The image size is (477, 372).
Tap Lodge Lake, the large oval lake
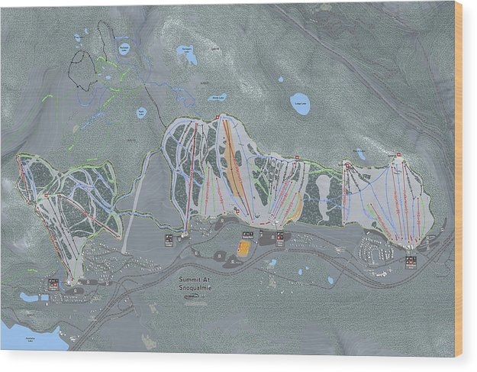301,103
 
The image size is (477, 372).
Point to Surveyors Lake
189,56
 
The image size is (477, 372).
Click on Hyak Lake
142,113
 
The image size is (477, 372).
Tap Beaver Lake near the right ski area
359,154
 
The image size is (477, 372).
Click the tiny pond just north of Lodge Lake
281,79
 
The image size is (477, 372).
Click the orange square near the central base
243,248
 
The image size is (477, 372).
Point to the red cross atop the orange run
218,117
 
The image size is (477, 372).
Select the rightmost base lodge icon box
411,260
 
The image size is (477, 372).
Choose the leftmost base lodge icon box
53,283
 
